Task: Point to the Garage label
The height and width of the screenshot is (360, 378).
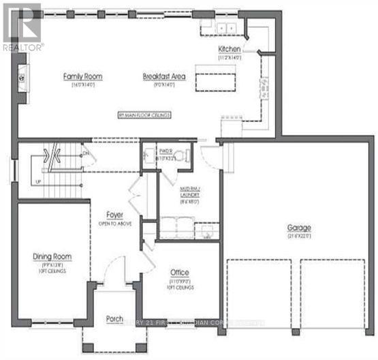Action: pyautogui.click(x=298, y=227)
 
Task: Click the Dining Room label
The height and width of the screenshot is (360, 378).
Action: pyautogui.click(x=52, y=256)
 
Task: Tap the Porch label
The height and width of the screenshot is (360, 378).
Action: pyautogui.click(x=114, y=319)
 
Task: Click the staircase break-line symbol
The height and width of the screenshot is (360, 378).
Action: pyautogui.click(x=50, y=157)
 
